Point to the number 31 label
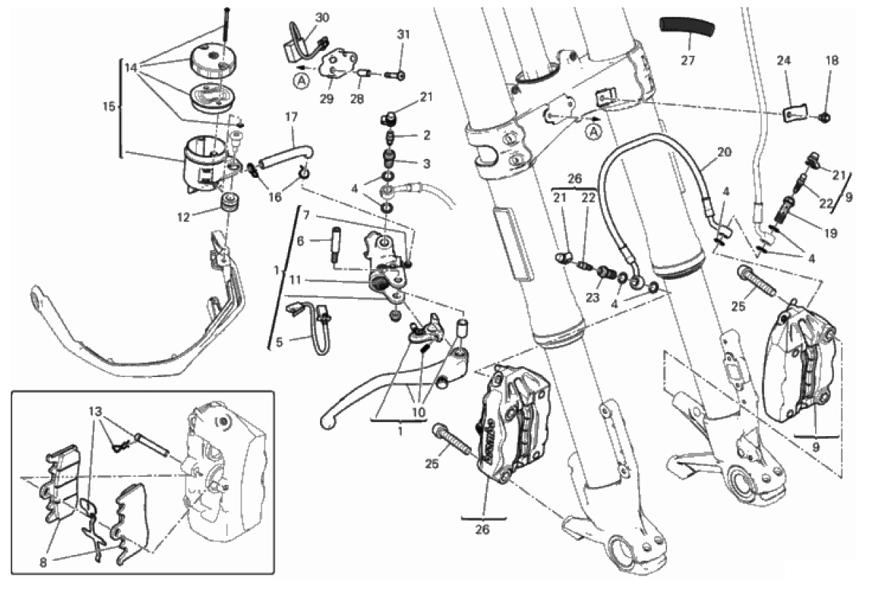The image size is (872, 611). tap(404, 34)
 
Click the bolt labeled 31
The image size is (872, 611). tap(397, 74)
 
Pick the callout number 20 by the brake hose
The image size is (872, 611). tap(724, 152)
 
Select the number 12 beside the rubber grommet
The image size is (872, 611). tap(183, 216)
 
